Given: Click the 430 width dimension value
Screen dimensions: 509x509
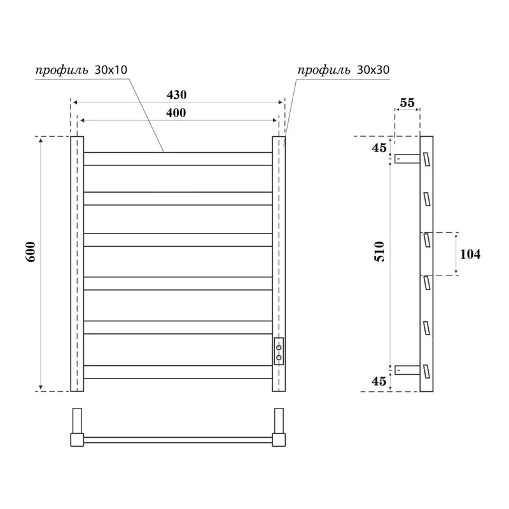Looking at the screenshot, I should (177, 95).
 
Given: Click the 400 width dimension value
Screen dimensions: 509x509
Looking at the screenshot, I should (177, 113).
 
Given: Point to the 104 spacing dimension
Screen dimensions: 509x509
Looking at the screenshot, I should (470, 254).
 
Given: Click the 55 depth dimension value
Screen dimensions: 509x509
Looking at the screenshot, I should (407, 102).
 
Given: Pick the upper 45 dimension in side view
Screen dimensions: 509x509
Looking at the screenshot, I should (379, 148).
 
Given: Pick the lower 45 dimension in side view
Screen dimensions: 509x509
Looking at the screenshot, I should (379, 381).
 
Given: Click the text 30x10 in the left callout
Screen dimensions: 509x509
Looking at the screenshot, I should (111, 71).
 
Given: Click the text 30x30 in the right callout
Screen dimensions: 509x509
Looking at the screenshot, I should (372, 71).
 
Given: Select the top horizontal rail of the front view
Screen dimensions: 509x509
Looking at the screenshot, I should (178, 158).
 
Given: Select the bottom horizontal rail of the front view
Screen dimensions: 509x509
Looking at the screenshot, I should (178, 372).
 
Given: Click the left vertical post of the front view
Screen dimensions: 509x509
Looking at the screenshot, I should (77, 264).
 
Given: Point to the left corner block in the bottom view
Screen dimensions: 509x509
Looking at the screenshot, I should (77, 439).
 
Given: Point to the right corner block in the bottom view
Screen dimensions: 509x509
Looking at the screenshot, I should (279, 439).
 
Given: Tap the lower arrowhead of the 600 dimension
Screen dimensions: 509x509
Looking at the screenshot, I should (42, 387).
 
